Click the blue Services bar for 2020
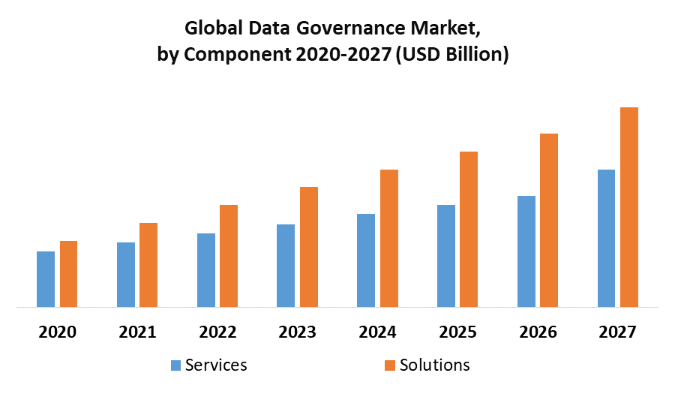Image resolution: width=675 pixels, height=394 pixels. point(46,279)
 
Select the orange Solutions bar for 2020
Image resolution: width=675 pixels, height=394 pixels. point(68,274)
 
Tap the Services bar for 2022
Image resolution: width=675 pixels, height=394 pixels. point(206,270)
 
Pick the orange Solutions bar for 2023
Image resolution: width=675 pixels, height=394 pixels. point(309,247)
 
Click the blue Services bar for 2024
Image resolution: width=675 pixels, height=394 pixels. point(366,260)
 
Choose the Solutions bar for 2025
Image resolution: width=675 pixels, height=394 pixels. point(469,229)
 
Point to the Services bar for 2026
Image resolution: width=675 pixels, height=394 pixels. point(526,251)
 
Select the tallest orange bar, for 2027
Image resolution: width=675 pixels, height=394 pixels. point(629,207)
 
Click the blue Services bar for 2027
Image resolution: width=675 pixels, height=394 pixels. point(606,238)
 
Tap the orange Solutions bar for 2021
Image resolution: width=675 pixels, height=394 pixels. point(148,265)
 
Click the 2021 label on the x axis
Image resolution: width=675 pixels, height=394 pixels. point(137,332)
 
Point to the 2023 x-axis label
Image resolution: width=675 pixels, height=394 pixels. point(297,332)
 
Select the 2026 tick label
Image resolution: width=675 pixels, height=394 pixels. point(537,332)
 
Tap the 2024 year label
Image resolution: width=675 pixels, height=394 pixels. point(377,332)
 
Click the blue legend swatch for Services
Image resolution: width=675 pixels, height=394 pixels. point(175,365)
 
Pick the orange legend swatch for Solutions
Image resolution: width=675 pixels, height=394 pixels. point(391,365)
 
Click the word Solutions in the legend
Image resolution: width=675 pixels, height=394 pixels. point(435,365)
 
